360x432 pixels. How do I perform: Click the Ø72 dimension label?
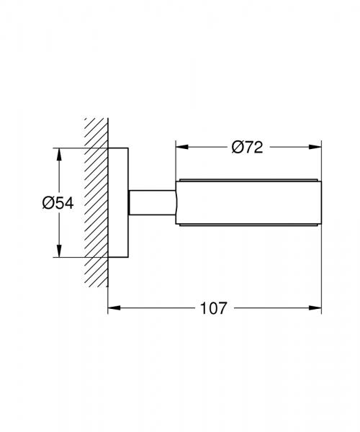click(x=247, y=148)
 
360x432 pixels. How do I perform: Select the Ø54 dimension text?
click(x=58, y=203)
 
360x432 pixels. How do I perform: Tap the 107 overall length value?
click(x=212, y=309)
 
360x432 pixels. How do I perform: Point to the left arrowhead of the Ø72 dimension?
click(x=181, y=148)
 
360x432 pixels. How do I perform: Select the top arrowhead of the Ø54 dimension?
click(x=58, y=153)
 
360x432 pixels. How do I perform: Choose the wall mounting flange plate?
click(x=118, y=202)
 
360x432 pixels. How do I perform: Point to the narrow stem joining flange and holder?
click(x=152, y=202)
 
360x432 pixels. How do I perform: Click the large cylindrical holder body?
click(x=248, y=202)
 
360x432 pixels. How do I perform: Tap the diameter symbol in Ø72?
click(x=236, y=148)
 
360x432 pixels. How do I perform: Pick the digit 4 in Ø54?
click(x=68, y=203)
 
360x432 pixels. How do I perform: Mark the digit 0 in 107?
click(x=212, y=309)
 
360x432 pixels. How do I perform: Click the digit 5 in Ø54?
click(x=58, y=203)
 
